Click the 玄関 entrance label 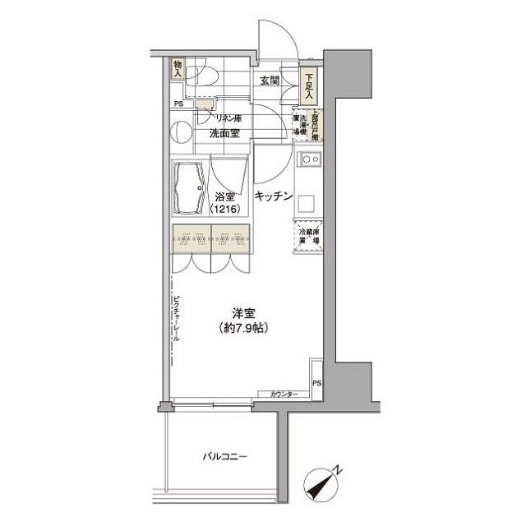pos(270,81)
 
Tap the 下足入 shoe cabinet pos(309,86)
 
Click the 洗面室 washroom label pos(224,132)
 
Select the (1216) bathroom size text pos(224,210)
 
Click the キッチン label pos(274,196)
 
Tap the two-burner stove pos(311,159)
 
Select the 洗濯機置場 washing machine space pos(301,124)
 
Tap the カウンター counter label pos(284,395)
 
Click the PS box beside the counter pos(317,383)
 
